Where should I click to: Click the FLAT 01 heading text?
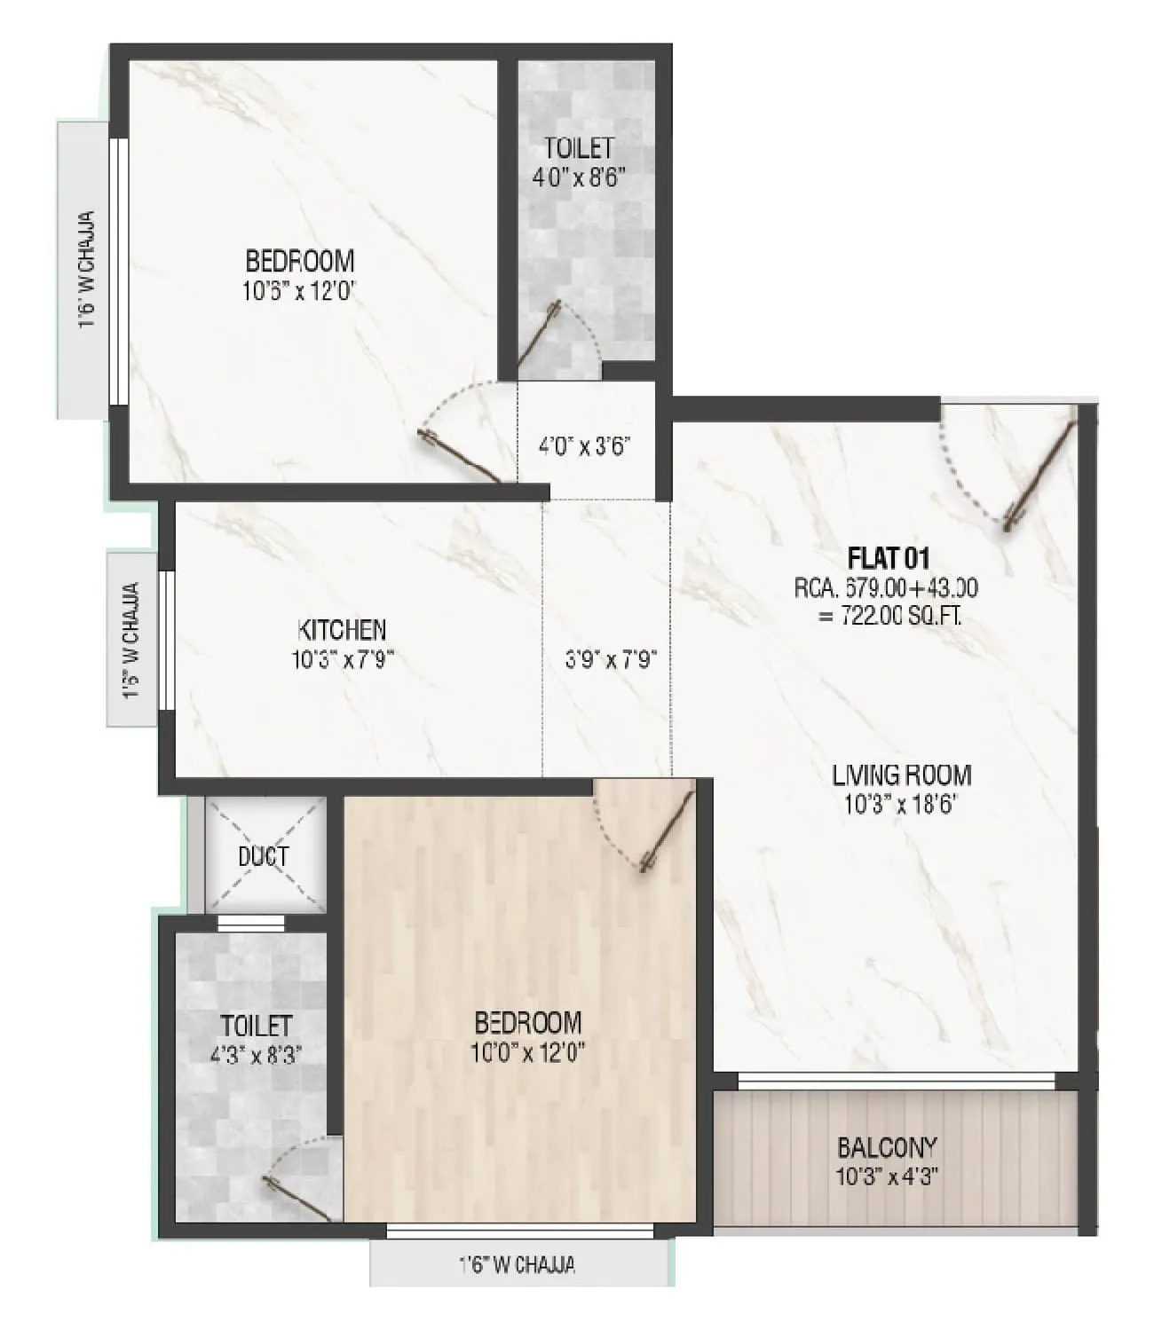point(888,558)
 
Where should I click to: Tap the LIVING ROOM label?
point(901,775)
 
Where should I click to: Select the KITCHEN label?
point(342,630)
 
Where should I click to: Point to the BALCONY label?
point(887,1148)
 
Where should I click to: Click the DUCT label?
point(264,857)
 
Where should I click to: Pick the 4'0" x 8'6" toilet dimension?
point(580,177)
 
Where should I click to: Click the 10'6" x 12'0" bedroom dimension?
point(299,291)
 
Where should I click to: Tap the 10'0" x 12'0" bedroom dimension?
point(528,1053)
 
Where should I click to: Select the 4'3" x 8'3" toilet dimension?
point(255,1056)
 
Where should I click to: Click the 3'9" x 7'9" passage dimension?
point(610,660)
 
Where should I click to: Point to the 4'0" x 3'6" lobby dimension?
point(584,445)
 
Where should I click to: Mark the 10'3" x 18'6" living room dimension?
point(901,806)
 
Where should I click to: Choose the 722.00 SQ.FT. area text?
point(889,616)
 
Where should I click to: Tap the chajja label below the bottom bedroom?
point(517,1264)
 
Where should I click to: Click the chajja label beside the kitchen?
point(131,640)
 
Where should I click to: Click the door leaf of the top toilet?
point(538,335)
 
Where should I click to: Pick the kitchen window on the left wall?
point(166,640)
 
